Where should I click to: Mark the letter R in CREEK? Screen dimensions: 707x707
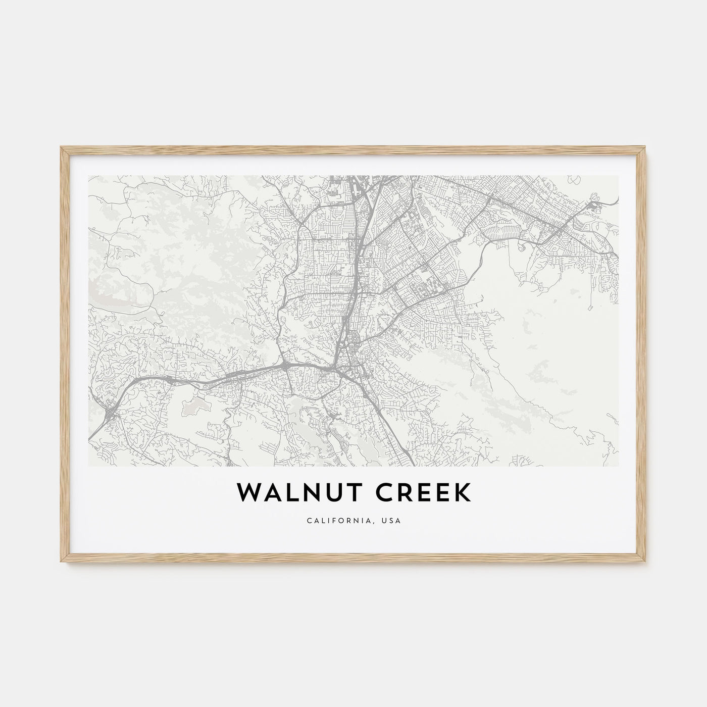point(403,493)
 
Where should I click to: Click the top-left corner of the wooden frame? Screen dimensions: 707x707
point(61,146)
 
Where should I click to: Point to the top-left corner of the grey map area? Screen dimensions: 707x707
point(88,176)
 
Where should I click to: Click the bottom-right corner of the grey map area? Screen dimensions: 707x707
point(618,466)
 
